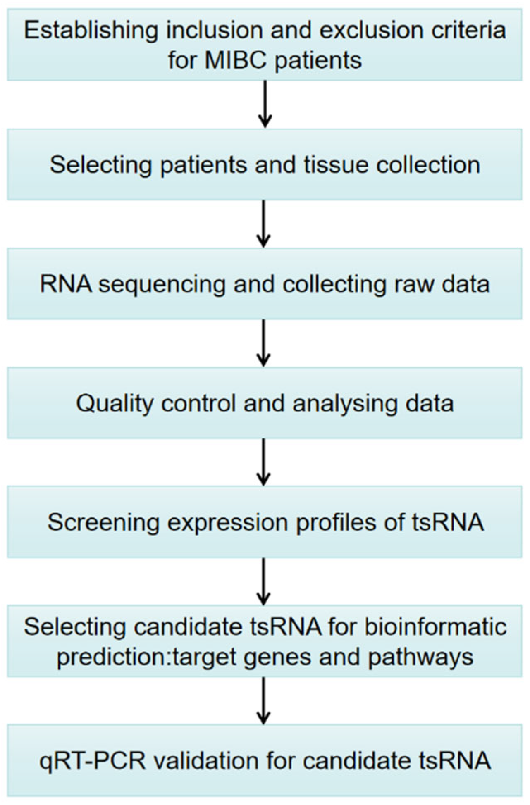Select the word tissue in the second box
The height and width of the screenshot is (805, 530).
pyautogui.click(x=336, y=165)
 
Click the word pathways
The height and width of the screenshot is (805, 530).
pyautogui.click(x=420, y=657)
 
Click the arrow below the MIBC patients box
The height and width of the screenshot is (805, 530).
pyautogui.click(x=265, y=104)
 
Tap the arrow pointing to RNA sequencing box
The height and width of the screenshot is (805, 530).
pyautogui.click(x=264, y=224)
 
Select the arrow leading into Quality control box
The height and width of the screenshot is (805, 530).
pyautogui.click(x=264, y=343)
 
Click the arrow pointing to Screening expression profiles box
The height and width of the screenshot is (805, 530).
pyautogui.click(x=264, y=462)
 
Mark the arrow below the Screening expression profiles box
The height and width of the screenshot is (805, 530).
pyautogui.click(x=264, y=581)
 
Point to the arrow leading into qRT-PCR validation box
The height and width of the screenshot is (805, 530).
pyautogui.click(x=264, y=700)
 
